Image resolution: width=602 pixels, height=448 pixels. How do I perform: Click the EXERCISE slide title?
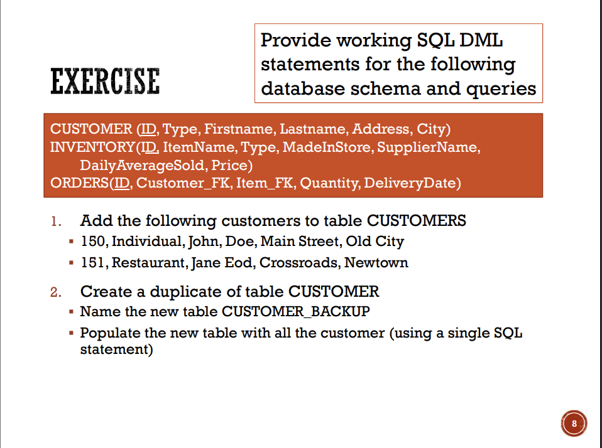coord(105,81)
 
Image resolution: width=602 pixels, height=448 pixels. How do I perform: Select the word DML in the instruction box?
coord(481,40)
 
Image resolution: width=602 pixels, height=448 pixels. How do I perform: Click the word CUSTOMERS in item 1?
coord(417,221)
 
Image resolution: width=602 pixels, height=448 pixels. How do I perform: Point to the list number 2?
coord(56,292)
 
